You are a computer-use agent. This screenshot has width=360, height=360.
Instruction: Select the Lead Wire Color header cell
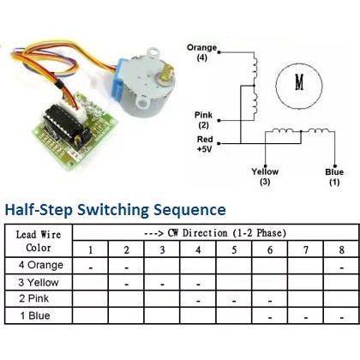point(38,240)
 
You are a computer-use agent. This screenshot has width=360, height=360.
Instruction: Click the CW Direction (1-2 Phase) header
point(214,232)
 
